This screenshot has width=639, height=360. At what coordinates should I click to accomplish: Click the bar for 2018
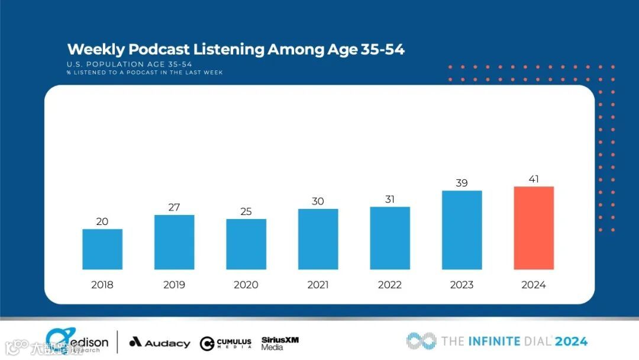click(102, 249)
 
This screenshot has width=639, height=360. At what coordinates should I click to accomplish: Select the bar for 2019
click(175, 242)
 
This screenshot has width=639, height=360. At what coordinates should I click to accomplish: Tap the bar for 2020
click(246, 244)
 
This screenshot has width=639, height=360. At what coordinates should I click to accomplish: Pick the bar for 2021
click(318, 239)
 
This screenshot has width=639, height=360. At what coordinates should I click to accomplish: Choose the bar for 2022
click(390, 238)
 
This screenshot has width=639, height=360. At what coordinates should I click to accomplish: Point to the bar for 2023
click(461, 230)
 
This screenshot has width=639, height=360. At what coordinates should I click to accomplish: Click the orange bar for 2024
click(534, 228)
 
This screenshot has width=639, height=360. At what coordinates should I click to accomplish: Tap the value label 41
click(534, 179)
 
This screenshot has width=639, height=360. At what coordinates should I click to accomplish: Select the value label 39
click(461, 183)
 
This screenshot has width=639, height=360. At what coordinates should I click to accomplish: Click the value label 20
click(102, 221)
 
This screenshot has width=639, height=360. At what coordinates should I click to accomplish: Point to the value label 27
click(174, 207)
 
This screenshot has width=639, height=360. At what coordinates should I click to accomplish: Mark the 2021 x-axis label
click(318, 285)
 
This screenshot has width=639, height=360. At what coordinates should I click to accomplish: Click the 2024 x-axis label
click(534, 285)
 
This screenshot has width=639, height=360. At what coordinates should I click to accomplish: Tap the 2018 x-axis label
click(102, 285)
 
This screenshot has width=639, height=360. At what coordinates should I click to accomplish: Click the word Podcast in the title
click(159, 50)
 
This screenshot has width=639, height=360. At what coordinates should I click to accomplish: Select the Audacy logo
click(160, 343)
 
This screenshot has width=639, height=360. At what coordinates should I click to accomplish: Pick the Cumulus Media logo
click(225, 343)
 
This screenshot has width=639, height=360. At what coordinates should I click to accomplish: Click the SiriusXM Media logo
click(280, 343)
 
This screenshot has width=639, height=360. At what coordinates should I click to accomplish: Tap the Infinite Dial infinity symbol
click(421, 340)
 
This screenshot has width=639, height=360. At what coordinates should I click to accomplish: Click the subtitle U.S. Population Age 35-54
click(129, 64)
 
